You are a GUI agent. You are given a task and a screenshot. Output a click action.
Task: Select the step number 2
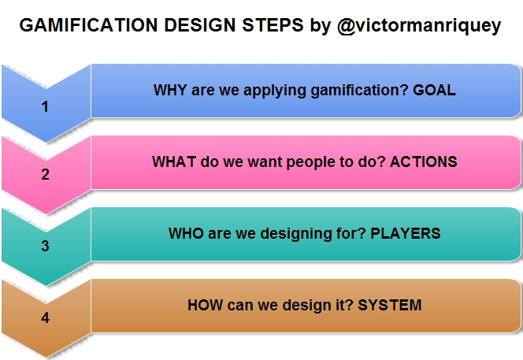click(46, 175)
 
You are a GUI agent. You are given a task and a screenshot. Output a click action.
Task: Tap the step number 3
click(46, 246)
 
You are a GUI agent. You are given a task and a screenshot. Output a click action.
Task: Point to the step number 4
click(46, 319)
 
